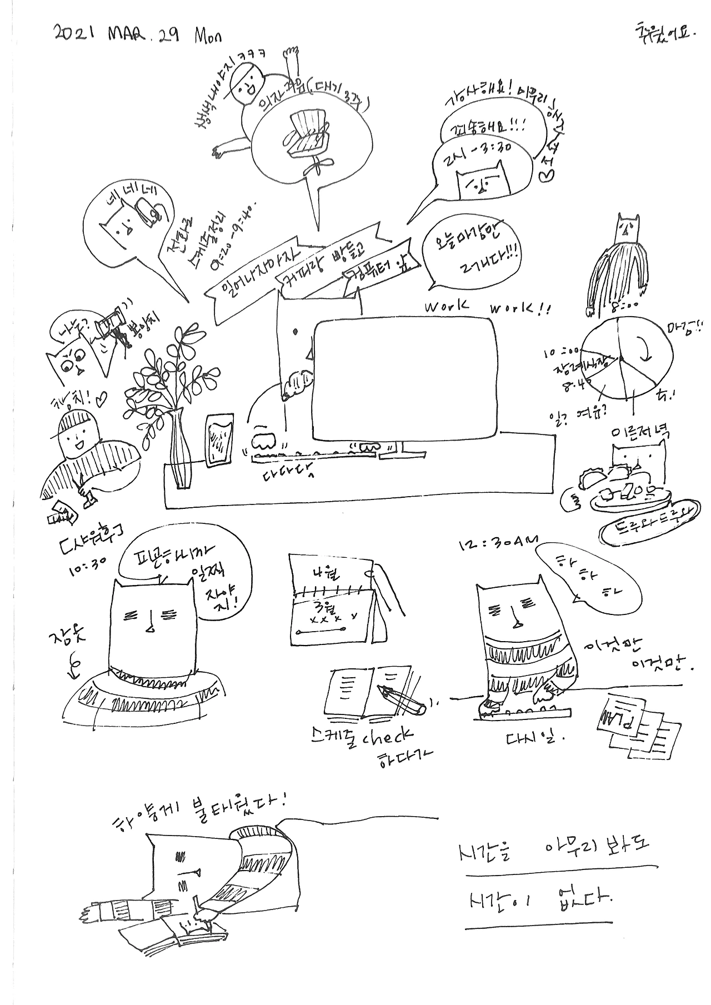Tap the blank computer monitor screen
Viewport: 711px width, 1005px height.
coord(405,378)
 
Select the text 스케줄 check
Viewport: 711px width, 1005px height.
coord(362,737)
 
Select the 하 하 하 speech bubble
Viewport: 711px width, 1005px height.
coord(587,578)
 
